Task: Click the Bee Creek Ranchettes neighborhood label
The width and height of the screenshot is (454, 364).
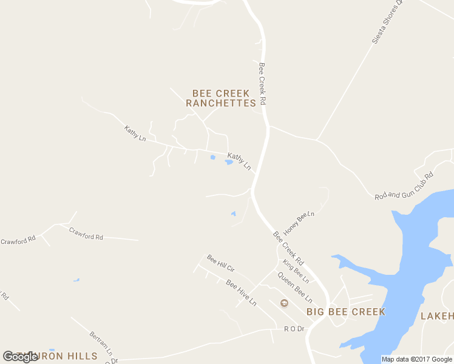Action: point(220,98)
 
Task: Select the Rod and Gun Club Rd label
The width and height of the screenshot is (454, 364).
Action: point(404,186)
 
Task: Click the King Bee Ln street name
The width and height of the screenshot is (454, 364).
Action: point(296,271)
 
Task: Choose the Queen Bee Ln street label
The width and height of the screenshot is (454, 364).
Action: point(295,288)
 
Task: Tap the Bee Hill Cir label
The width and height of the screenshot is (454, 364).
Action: point(220,263)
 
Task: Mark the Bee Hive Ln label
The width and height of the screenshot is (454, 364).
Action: point(241,292)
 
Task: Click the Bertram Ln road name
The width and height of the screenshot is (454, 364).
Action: point(101,343)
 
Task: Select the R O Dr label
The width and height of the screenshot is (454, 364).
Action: point(294,329)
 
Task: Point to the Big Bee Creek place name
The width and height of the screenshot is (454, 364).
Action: point(345,312)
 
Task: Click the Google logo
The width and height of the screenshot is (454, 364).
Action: point(20,357)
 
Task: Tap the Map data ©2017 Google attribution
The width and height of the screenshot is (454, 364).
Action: point(417,359)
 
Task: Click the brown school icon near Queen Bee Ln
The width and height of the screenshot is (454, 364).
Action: point(283,303)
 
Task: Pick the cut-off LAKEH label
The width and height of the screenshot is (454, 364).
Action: point(436,316)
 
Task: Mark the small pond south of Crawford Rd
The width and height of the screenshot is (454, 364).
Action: point(76,280)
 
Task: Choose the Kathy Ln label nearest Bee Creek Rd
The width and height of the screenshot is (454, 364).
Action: point(239,161)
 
